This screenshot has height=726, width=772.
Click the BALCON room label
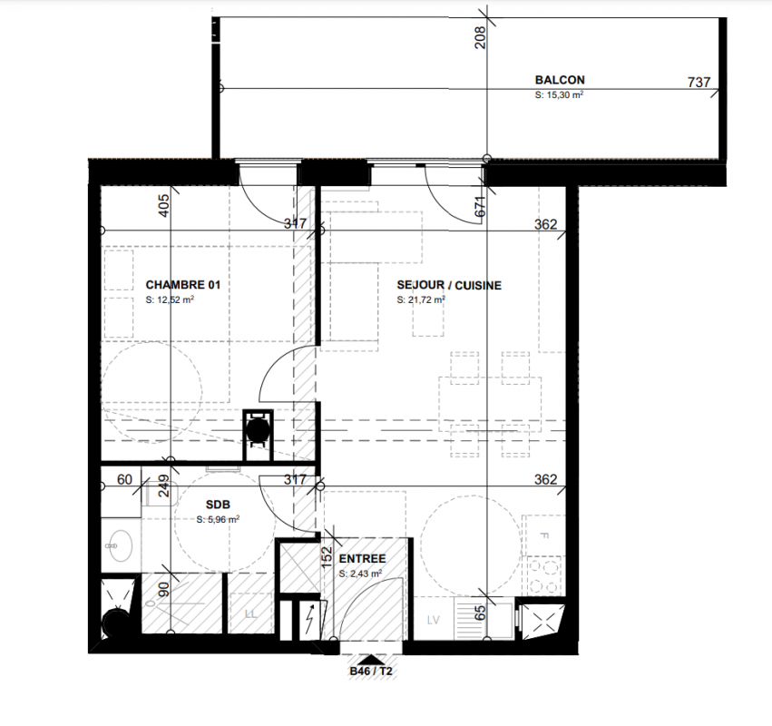pyautogui.click(x=560, y=80)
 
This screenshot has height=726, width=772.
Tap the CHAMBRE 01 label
pyautogui.click(x=183, y=285)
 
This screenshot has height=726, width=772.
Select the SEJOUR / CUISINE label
pyautogui.click(x=449, y=285)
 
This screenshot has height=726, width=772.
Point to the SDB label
pyautogui.click(x=218, y=505)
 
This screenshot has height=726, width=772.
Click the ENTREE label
pyautogui.click(x=362, y=558)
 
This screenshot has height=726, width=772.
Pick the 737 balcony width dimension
pyautogui.click(x=699, y=82)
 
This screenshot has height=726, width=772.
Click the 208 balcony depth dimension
pyautogui.click(x=480, y=37)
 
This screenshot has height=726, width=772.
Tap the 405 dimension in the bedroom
pyautogui.click(x=164, y=205)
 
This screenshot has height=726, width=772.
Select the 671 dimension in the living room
pyautogui.click(x=480, y=206)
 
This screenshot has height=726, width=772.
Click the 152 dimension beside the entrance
pyautogui.click(x=327, y=557)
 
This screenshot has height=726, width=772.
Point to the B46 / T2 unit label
pyautogui.click(x=371, y=671)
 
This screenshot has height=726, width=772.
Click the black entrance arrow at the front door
pyautogui.click(x=371, y=660)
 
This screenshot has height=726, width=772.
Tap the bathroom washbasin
pyautogui.click(x=120, y=545)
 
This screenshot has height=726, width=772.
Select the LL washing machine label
pyautogui.click(x=250, y=614)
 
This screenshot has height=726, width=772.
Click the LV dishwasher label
pyautogui.click(x=434, y=620)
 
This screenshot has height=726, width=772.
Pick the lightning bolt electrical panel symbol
pyautogui.click(x=309, y=620)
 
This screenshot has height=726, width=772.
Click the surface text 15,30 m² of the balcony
pyautogui.click(x=560, y=94)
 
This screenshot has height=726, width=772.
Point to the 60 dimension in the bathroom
pyautogui.click(x=124, y=479)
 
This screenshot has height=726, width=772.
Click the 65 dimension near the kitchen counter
pyautogui.click(x=480, y=613)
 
